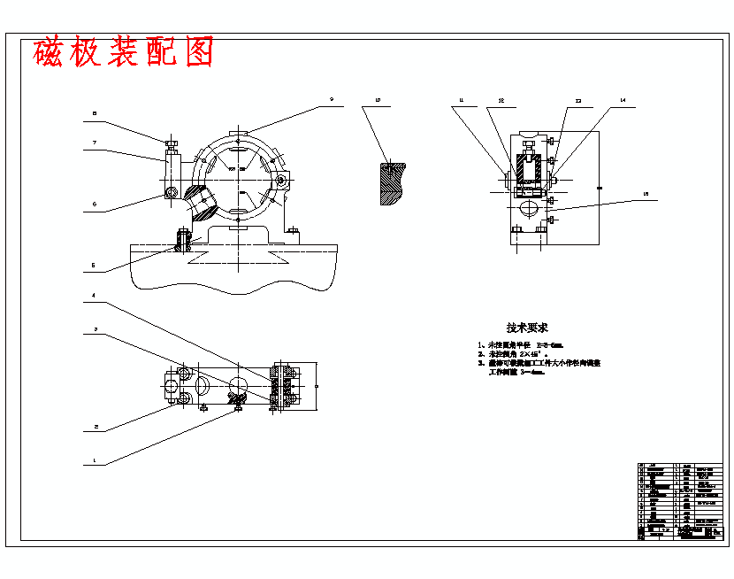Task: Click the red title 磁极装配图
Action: (x=124, y=53)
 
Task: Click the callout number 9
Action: (x=331, y=101)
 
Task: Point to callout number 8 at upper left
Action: (x=96, y=114)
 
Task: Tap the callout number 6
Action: (x=96, y=205)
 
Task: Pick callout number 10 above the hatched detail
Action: (x=378, y=101)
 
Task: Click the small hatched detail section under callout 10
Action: (x=392, y=182)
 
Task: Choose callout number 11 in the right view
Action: (x=461, y=101)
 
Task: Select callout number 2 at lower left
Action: (x=96, y=427)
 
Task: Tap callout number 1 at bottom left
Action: (x=96, y=461)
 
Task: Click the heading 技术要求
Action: (x=527, y=328)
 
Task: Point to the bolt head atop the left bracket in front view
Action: (x=172, y=143)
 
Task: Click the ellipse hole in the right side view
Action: (x=528, y=209)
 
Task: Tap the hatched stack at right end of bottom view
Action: (x=287, y=387)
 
